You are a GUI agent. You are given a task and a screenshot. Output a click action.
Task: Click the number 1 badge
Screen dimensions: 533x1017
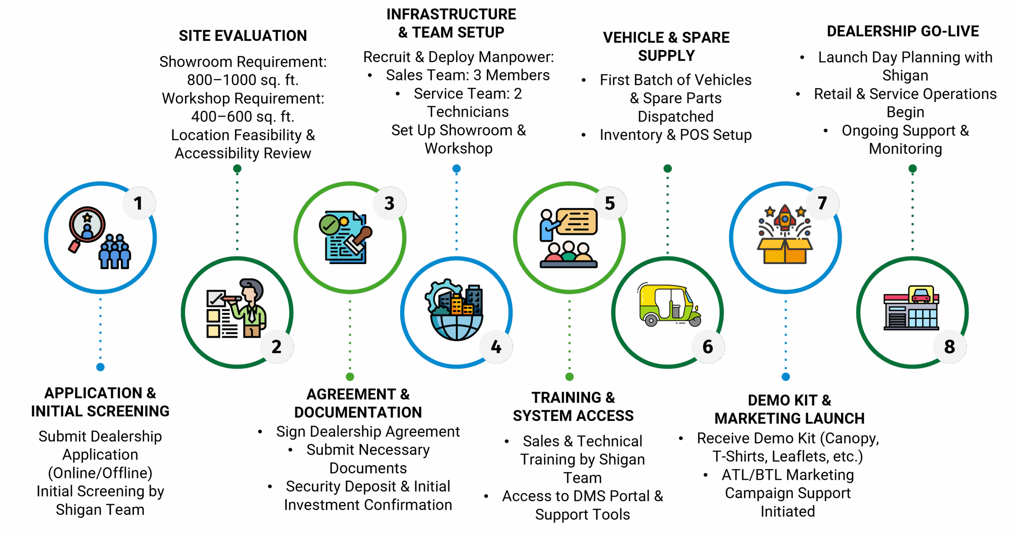click(x=138, y=203)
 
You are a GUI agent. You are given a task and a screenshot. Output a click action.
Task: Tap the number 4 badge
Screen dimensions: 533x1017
click(x=496, y=347)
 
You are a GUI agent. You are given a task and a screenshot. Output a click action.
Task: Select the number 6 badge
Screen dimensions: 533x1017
click(x=708, y=347)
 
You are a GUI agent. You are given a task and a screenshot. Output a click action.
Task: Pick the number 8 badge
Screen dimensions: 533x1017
click(x=949, y=347)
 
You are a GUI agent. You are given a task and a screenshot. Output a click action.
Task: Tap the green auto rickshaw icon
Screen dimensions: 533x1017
click(x=669, y=305)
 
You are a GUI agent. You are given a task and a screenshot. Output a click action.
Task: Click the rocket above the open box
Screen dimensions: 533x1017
click(x=785, y=218)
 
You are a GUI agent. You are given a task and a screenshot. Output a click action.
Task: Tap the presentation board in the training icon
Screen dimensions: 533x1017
click(x=577, y=222)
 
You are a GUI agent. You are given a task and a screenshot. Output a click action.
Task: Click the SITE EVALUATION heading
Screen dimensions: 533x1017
click(x=243, y=36)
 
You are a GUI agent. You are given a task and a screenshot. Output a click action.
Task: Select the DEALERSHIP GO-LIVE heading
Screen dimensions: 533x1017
click(x=903, y=31)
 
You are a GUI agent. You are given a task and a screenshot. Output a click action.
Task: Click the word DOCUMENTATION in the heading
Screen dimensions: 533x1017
click(x=358, y=412)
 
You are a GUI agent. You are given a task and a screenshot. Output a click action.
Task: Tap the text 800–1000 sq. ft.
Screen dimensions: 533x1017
click(x=243, y=80)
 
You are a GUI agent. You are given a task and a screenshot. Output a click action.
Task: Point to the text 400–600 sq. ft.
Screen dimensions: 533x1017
click(x=243, y=117)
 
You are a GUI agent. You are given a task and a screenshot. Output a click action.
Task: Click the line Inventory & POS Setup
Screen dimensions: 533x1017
click(x=675, y=135)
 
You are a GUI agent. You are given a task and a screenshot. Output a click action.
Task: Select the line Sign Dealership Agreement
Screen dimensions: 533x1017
click(x=368, y=431)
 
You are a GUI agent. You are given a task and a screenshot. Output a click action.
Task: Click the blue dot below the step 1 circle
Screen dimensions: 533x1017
click(x=101, y=367)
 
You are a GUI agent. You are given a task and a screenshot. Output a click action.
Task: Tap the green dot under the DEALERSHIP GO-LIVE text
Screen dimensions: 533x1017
click(x=913, y=169)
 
